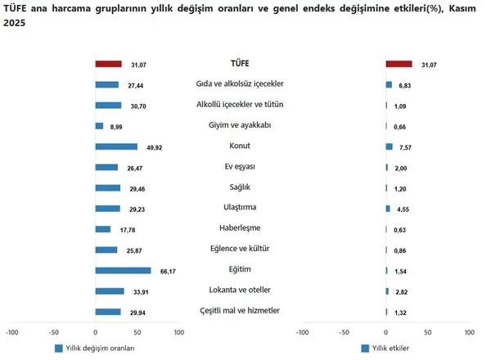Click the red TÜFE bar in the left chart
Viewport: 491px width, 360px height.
coord(108,64)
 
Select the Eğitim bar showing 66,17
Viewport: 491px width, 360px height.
coord(123,270)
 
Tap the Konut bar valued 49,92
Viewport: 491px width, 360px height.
coord(116,146)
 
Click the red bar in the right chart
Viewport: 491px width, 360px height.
coord(399,64)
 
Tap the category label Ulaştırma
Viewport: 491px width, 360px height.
coord(240,208)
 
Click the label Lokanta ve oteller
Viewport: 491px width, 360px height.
coord(240,290)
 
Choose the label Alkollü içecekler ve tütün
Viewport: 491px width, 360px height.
coord(240,105)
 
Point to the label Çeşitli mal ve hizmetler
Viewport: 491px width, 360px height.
coord(240,310)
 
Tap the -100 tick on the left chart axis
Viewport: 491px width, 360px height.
coord(12,332)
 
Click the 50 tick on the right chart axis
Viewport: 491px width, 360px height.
coord(427,332)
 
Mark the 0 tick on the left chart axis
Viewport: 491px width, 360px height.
coord(95,332)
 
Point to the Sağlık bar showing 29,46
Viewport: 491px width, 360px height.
coord(107,187)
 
